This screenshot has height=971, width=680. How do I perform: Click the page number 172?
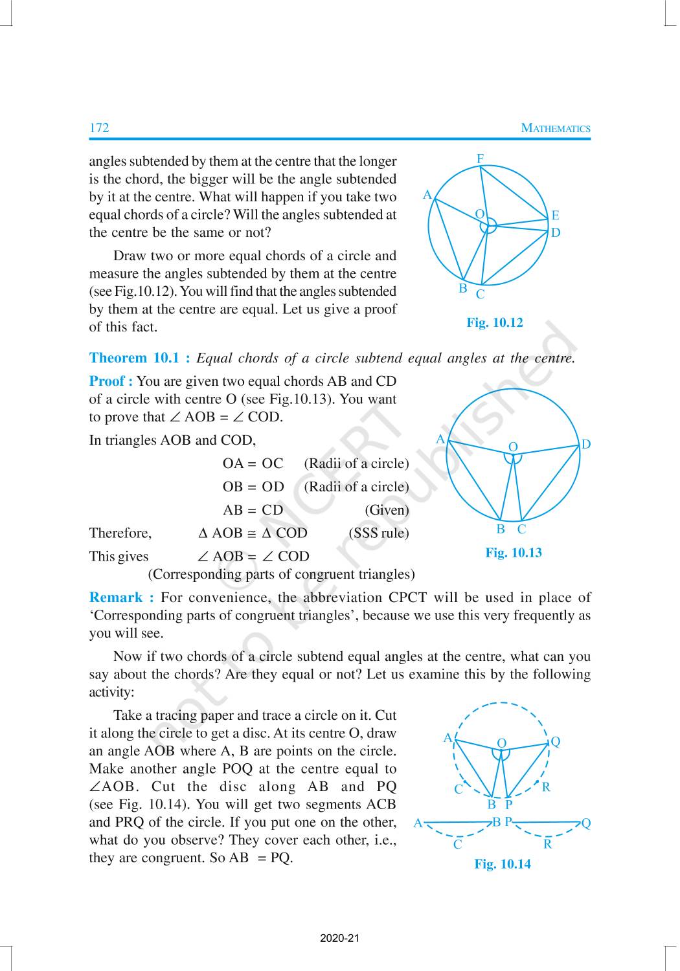[x=99, y=128]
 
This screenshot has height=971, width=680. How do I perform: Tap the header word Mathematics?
[x=556, y=128]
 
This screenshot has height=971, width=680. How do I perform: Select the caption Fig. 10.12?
[x=494, y=322]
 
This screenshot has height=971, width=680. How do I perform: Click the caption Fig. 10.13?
[x=514, y=552]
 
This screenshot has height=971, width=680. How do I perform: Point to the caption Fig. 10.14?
[x=503, y=864]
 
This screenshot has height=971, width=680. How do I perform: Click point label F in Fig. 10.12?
[x=480, y=159]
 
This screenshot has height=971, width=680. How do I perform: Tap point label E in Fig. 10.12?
[x=555, y=216]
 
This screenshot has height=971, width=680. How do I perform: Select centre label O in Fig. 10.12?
[x=479, y=214]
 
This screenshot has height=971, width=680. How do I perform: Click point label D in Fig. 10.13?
[x=585, y=444]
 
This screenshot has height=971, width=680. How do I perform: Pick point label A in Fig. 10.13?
[x=440, y=439]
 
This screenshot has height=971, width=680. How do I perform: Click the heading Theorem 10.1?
[x=139, y=358]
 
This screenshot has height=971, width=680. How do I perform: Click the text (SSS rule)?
[x=379, y=533]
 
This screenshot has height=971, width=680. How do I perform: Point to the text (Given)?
[x=387, y=510]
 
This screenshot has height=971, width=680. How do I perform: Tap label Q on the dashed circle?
[x=555, y=742]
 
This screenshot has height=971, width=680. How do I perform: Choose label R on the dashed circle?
[x=546, y=787]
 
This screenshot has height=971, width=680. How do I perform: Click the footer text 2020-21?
[x=339, y=938]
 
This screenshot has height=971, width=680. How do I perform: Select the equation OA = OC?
[x=253, y=463]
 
